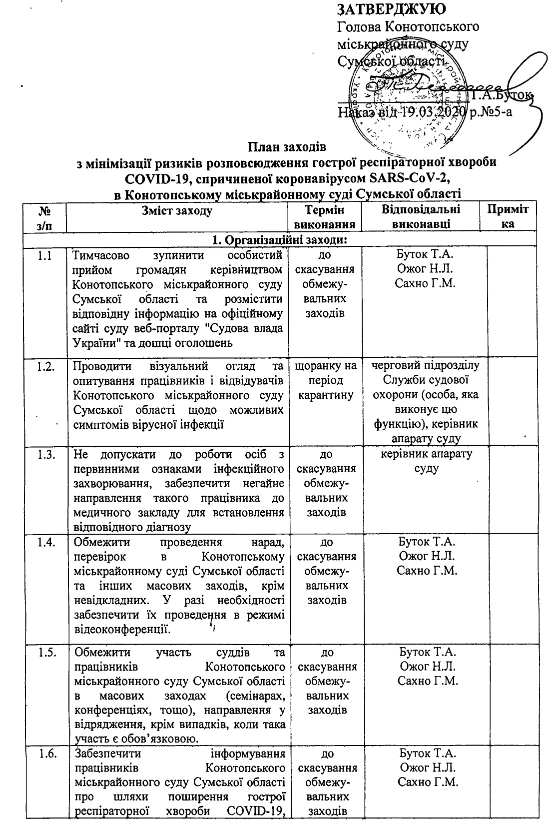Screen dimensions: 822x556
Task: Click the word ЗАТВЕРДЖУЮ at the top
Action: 392,9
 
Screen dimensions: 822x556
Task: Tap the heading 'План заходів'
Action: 287,148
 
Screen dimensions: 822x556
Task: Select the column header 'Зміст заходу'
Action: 177,211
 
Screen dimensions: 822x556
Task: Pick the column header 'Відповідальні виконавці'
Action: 421,217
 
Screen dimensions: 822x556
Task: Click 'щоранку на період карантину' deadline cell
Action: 327,381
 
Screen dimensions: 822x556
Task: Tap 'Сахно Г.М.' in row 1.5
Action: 428,681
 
